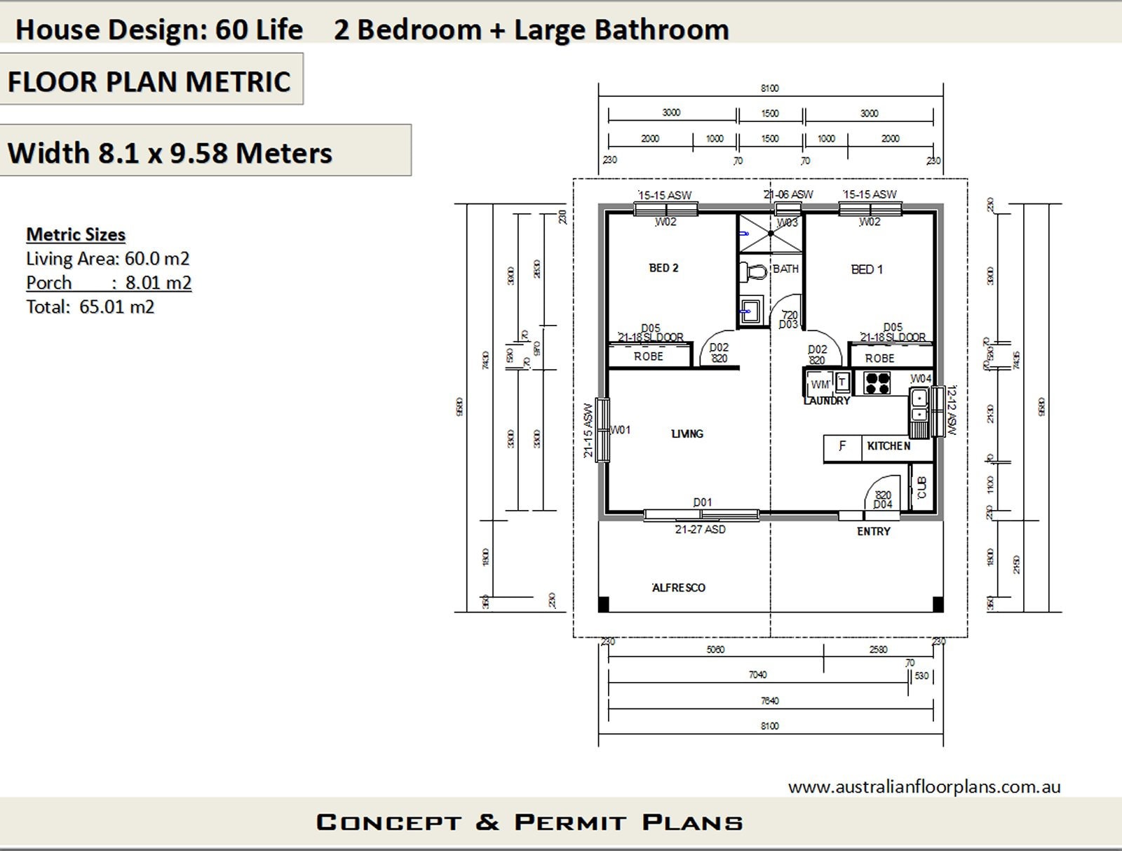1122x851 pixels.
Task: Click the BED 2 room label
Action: [x=663, y=268]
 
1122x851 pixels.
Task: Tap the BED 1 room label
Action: [x=867, y=269]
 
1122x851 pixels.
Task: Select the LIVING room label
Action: [x=687, y=434]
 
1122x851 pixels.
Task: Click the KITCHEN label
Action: [x=888, y=446]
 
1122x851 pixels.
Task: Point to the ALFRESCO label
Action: [x=678, y=588]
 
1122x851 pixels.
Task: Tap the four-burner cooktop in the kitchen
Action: [x=877, y=382]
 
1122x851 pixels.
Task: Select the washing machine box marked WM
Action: [x=820, y=384]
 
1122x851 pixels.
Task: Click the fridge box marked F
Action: [x=842, y=446]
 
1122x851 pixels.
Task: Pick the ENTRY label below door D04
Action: [x=873, y=532]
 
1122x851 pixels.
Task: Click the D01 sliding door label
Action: [x=703, y=502]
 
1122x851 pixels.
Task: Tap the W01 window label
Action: [x=621, y=429]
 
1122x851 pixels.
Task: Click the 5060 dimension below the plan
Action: [x=715, y=650]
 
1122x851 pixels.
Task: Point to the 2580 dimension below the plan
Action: [x=878, y=650]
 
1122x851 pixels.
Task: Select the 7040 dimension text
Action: [x=757, y=675]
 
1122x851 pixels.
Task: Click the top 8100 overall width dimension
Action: [x=769, y=88]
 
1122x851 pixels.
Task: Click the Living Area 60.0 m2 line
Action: [x=107, y=259]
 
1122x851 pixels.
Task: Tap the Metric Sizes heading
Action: [x=76, y=234]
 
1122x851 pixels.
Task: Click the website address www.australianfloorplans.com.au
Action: [x=924, y=787]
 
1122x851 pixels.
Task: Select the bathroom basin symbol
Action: [x=750, y=311]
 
